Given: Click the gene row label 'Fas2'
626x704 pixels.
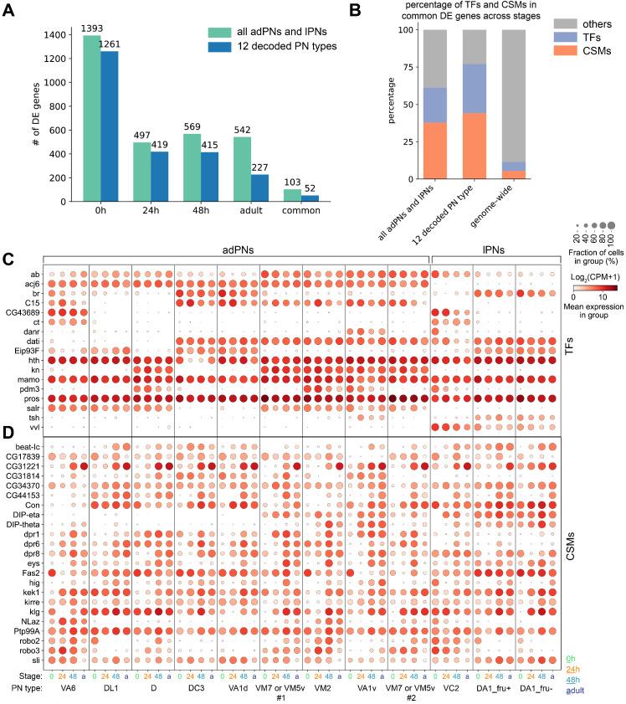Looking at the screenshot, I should tap(33, 573).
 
